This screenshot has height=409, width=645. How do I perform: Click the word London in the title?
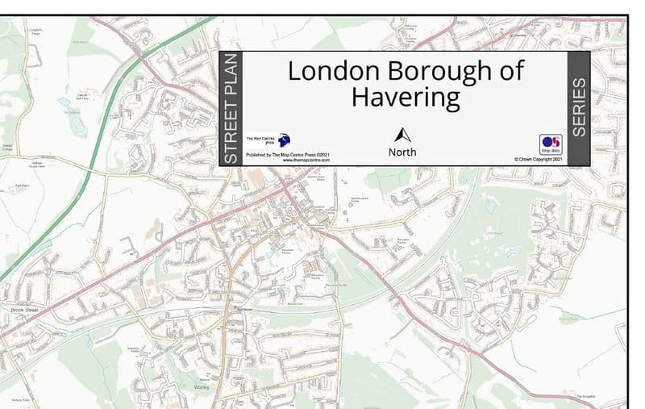[335, 71]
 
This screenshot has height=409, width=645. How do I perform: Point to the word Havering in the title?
[406, 98]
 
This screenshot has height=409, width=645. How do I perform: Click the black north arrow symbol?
[402, 135]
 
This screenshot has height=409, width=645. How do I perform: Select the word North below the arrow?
[402, 152]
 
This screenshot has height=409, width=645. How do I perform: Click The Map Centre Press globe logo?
[284, 140]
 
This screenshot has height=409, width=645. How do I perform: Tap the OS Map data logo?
[551, 144]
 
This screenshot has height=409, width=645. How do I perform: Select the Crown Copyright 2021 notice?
[538, 160]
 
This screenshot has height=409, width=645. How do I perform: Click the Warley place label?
[201, 387]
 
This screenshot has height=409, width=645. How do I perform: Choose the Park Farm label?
[22, 186]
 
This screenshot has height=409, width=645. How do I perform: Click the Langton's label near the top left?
[35, 32]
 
